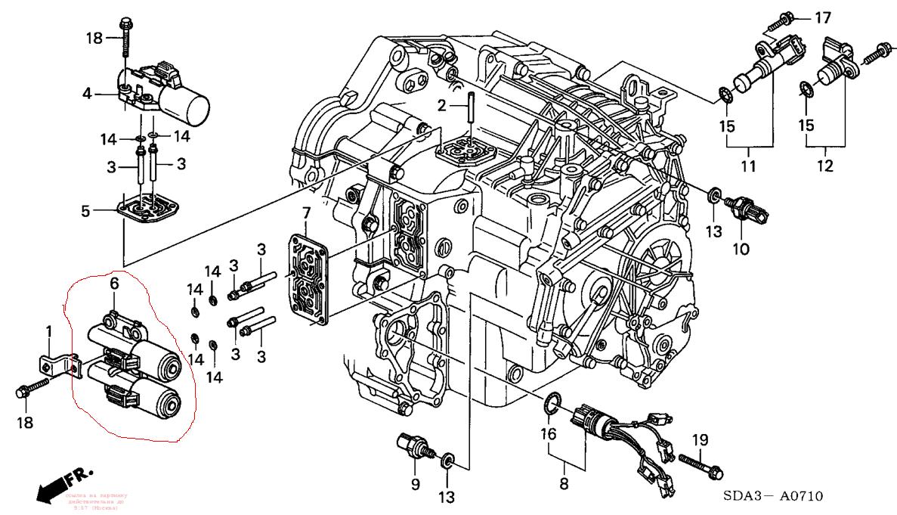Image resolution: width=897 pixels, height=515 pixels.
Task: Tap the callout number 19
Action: (701, 439)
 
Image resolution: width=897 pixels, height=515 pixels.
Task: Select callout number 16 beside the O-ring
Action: (548, 434)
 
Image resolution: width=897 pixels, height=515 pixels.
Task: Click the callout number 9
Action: (415, 484)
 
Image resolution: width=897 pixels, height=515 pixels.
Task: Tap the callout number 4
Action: (87, 94)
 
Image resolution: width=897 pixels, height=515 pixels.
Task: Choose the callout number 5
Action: (87, 211)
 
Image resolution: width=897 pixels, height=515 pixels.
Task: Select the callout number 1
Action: (49, 330)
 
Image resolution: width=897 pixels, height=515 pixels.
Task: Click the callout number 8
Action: (562, 481)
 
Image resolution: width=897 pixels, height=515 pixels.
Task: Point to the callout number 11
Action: (748, 166)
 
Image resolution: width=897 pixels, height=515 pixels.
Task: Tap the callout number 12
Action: (824, 166)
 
